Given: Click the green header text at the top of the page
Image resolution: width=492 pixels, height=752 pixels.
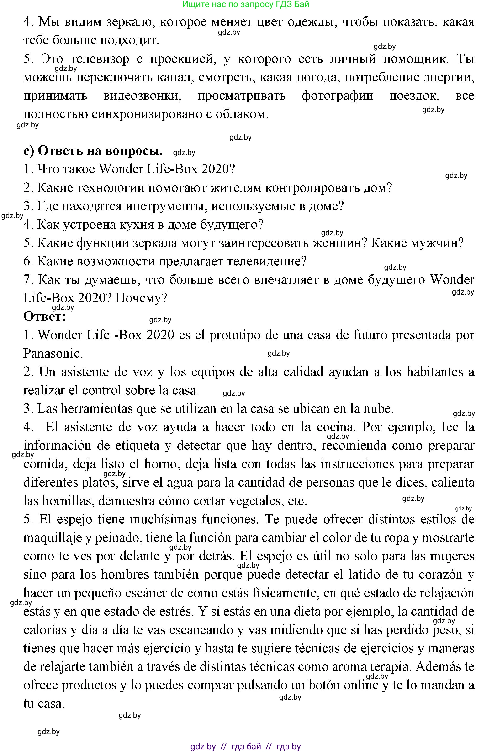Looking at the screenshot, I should [246, 5].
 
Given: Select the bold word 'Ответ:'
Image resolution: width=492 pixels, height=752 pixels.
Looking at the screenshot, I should [45, 316].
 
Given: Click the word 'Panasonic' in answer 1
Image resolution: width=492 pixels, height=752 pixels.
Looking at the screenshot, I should [52, 354].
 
